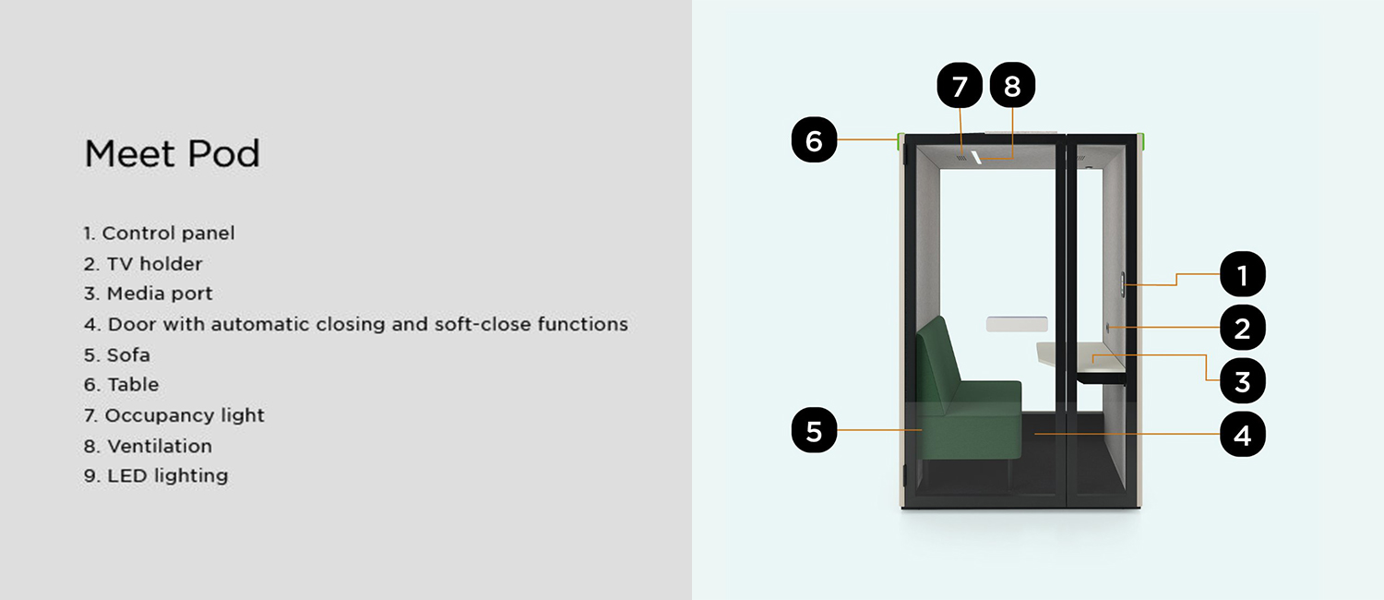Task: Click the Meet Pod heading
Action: [172, 153]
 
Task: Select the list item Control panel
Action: [160, 233]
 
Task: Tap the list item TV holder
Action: [143, 264]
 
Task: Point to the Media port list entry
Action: [149, 294]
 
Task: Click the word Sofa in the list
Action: [128, 355]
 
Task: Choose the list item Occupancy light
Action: [174, 415]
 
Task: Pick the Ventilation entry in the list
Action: [149, 446]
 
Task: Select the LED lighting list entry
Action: [156, 475]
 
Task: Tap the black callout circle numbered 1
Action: [1243, 274]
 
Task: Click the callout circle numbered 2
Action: [1243, 328]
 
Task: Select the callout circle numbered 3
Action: [1243, 381]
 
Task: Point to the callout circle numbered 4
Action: [1243, 435]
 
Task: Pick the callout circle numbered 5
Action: [815, 430]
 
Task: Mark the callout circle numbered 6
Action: [815, 139]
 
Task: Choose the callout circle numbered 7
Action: [960, 85]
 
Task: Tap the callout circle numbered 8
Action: [1013, 85]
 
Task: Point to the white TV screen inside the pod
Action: [1017, 324]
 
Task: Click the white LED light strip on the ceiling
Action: [976, 158]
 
